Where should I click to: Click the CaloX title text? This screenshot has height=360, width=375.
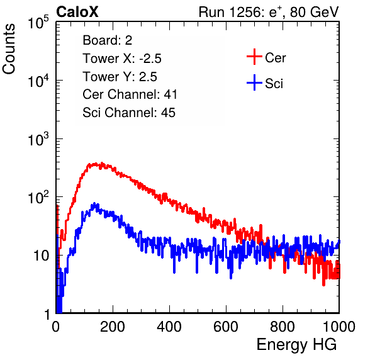[x=77, y=12]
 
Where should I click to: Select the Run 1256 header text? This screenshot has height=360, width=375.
[x=269, y=12]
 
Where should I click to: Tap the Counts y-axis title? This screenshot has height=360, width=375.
[x=9, y=48]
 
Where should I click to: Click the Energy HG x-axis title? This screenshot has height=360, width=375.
[x=296, y=345]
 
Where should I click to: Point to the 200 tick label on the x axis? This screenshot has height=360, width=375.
[x=113, y=327]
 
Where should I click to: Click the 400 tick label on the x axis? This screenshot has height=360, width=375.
[x=169, y=327]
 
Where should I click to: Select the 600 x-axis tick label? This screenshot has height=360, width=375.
[x=226, y=327]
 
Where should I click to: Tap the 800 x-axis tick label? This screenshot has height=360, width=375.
[x=283, y=327]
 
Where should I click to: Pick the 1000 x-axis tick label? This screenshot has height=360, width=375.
[x=339, y=327]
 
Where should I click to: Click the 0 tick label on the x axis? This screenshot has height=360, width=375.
[x=56, y=327]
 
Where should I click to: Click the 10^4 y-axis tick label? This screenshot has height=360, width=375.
[x=38, y=81]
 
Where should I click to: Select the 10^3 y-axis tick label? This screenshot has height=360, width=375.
[x=38, y=139]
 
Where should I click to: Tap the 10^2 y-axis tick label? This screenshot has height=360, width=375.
[x=38, y=198]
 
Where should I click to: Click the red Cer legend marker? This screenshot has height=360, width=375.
[x=254, y=57]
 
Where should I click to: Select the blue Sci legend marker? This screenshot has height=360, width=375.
[x=254, y=82]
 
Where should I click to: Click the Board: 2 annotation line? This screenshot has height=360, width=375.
[x=108, y=40]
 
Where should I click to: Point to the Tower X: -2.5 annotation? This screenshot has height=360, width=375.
[x=122, y=59]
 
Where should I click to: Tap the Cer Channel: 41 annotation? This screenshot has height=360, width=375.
[x=130, y=94]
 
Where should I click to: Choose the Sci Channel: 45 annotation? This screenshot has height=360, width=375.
[x=129, y=113]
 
